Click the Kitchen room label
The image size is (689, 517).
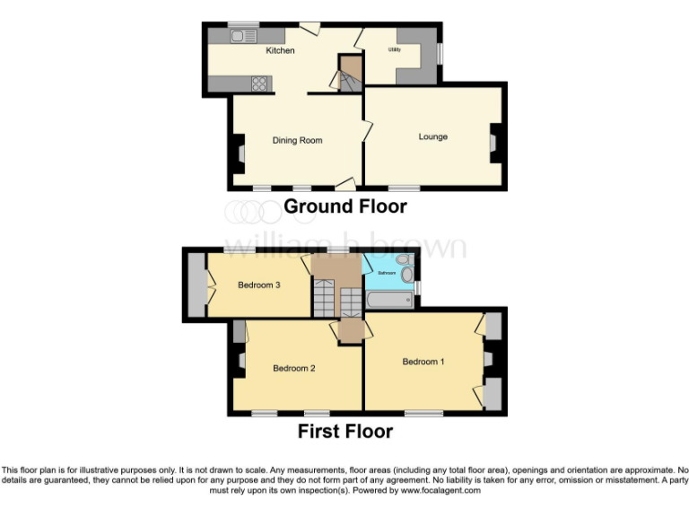click(x=280, y=50)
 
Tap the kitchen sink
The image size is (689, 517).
click(x=242, y=36)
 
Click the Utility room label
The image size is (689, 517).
click(x=394, y=49)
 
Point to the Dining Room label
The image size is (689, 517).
click(x=297, y=140)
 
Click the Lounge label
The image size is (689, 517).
click(x=432, y=136)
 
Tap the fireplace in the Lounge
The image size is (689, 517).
click(x=493, y=142)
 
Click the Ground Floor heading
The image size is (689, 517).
click(x=344, y=206)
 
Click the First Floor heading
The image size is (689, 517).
click(x=344, y=431)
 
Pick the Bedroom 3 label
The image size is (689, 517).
click(x=259, y=285)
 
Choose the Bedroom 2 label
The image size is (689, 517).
click(x=293, y=368)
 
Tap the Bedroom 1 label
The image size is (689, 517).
click(x=423, y=362)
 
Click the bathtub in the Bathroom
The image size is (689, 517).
click(x=389, y=299)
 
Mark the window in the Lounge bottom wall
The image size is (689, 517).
click(x=404, y=188)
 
